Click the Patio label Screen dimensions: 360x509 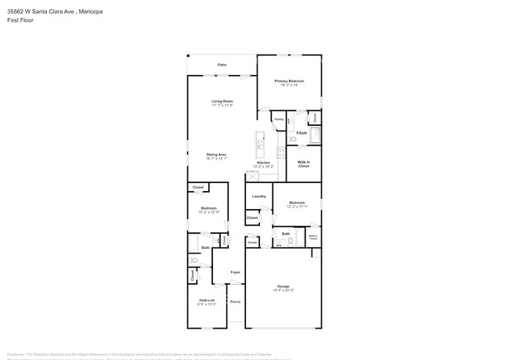pos(222,64)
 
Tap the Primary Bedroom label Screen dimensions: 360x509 pos(289,81)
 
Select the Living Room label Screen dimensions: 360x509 pos(222,101)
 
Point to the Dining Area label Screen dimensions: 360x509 pos(217,154)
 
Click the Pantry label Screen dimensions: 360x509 pos(279,120)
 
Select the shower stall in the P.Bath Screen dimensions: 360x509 pos(315,135)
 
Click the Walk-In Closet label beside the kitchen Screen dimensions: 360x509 pos(304,164)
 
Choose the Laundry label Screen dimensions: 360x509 pos(258,196)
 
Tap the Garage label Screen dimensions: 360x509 pos(283,286)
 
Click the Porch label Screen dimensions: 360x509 pos(235,301)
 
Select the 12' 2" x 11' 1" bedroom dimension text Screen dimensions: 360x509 pos(298,207)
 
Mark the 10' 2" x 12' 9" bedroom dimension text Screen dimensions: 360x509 pos(208,211)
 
